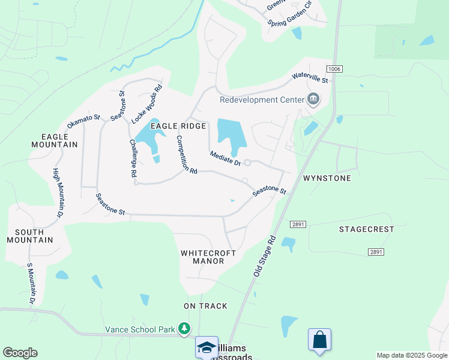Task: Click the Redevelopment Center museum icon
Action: pyautogui.click(x=313, y=99)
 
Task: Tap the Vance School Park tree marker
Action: pyautogui.click(x=184, y=329)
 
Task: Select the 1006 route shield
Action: pyautogui.click(x=334, y=70)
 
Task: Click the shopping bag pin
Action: pyautogui.click(x=319, y=340)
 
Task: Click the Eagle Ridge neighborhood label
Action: pyautogui.click(x=178, y=126)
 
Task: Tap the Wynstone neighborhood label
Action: pyautogui.click(x=327, y=178)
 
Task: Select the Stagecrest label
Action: pyautogui.click(x=366, y=229)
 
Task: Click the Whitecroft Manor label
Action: pyautogui.click(x=203, y=257)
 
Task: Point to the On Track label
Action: pyautogui.click(x=205, y=306)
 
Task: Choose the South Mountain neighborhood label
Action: pyautogui.click(x=30, y=236)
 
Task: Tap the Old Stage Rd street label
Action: pyautogui.click(x=264, y=256)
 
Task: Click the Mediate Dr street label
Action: pyautogui.click(x=225, y=158)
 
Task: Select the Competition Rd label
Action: pyautogui.click(x=186, y=154)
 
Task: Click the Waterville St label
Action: pyautogui.click(x=310, y=77)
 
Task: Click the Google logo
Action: pyautogui.click(x=20, y=353)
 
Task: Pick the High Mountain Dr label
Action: pyautogui.click(x=58, y=193)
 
